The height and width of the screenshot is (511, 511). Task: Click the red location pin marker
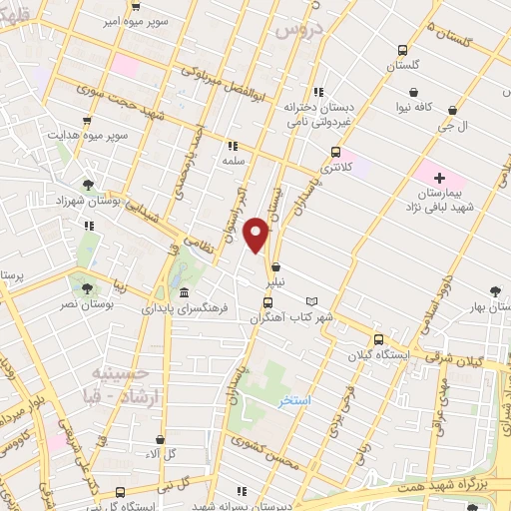tap(257, 235)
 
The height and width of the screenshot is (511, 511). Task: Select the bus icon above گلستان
tap(402, 50)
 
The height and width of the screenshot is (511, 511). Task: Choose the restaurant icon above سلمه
tap(233, 144)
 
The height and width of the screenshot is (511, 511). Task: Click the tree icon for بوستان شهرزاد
tap(91, 185)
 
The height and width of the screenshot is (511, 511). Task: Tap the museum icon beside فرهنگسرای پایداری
tap(184, 293)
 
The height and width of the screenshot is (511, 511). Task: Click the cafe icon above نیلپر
tap(274, 267)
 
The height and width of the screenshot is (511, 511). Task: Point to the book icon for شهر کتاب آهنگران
tap(311, 301)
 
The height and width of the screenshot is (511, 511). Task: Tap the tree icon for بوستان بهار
tap(496, 290)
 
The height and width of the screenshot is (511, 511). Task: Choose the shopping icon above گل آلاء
tap(160, 439)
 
